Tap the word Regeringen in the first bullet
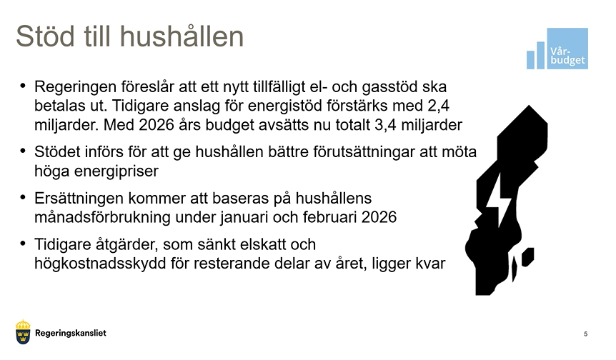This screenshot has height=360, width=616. [x=74, y=87]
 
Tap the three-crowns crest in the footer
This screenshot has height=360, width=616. [x=23, y=332]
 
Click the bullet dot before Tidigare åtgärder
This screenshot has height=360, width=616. [x=23, y=244]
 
